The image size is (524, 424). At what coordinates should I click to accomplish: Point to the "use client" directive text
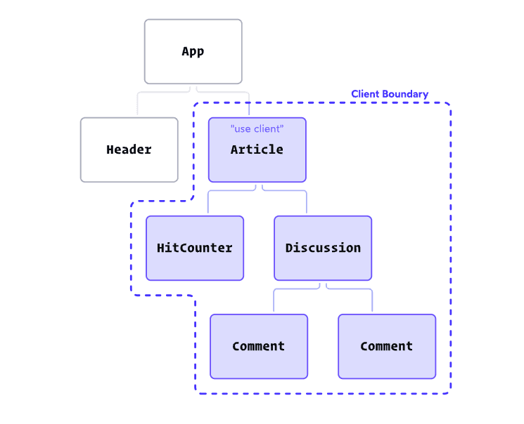click(257, 129)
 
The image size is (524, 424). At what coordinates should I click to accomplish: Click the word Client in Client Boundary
click(366, 94)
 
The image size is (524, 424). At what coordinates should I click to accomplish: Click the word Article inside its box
click(257, 150)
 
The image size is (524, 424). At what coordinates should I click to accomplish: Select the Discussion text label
click(323, 248)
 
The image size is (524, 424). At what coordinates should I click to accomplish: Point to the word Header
click(129, 150)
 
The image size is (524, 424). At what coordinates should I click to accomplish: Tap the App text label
click(193, 51)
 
